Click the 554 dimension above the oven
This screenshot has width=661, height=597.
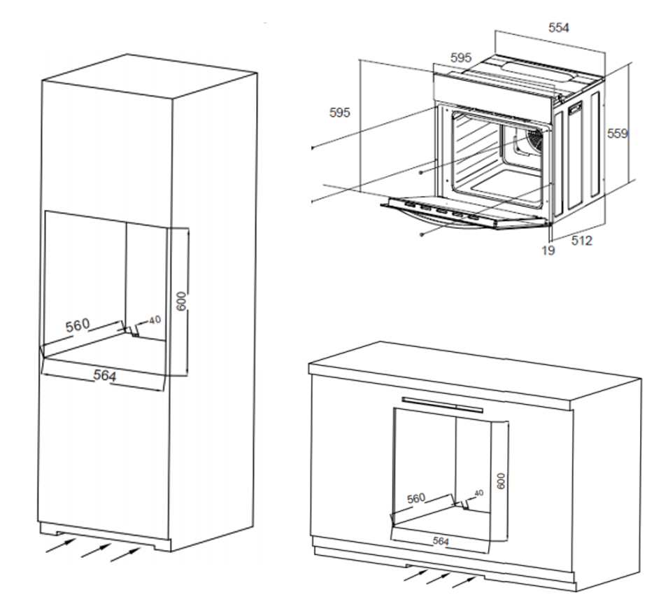(558, 27)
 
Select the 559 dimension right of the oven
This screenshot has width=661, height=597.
(617, 133)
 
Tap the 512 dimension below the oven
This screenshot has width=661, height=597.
(581, 241)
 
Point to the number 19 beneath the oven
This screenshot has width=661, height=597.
(548, 250)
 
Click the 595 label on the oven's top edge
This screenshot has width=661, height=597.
(460, 58)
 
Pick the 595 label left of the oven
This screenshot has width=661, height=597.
(339, 112)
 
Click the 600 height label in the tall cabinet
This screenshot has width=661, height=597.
(181, 301)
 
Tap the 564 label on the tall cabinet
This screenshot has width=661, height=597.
(104, 376)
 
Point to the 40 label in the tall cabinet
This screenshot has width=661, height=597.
(155, 320)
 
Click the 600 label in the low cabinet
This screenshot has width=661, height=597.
(500, 480)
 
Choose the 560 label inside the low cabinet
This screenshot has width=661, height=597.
(415, 498)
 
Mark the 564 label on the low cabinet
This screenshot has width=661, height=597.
(440, 540)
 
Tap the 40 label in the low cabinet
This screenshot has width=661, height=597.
(478, 493)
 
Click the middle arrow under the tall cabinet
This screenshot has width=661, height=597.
(95, 550)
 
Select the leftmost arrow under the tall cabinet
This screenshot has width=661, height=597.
(60, 545)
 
